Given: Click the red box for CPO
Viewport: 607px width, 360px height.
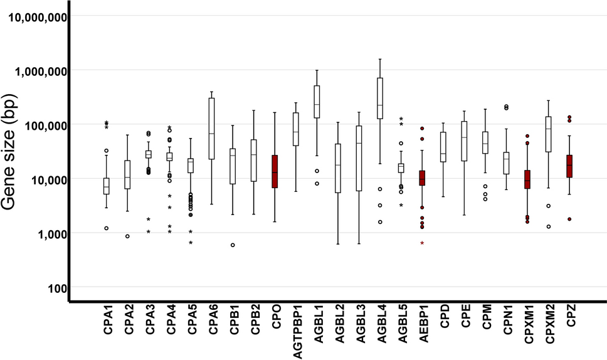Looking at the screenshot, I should pos(275,171).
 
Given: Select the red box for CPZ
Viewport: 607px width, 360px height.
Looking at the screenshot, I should pos(569,166).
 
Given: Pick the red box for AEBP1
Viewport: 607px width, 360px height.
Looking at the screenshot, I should pos(422,178).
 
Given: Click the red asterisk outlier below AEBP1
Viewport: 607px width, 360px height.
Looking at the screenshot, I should pos(422,243).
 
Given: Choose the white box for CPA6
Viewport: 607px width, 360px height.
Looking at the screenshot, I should pos(211,129).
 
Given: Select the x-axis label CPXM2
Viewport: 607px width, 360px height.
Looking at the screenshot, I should pos(549,329).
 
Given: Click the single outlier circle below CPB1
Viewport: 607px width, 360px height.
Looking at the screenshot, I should pos(233,245).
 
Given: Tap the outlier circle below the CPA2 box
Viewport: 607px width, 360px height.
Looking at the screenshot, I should pos(127,236).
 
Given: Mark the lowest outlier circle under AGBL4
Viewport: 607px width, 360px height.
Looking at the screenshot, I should pos(380,222).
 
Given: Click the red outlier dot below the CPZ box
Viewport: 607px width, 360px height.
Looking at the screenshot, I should pos(569,220).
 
